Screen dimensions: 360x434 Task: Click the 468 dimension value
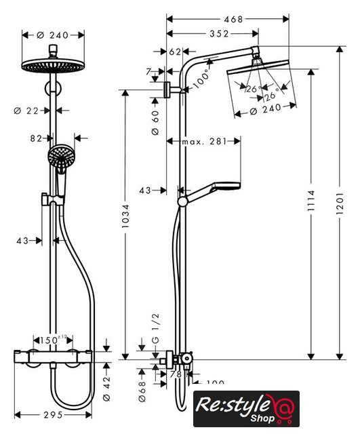click(x=233, y=19)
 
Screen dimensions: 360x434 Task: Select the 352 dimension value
click(x=220, y=34)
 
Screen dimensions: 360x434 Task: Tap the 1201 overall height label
click(x=340, y=203)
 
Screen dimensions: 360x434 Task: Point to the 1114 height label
click(x=311, y=201)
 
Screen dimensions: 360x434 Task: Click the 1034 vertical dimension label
click(x=125, y=216)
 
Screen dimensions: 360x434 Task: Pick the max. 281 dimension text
click(x=204, y=142)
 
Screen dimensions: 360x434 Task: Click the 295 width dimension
click(x=53, y=415)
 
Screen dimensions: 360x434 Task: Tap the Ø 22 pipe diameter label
click(x=26, y=111)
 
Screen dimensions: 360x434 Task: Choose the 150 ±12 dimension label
click(x=54, y=340)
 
